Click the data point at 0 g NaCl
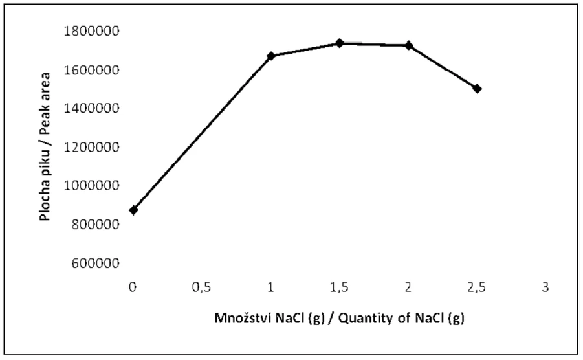[133, 210]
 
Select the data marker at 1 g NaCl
[271, 56]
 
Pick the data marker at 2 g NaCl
[408, 45]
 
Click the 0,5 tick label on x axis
[202, 287]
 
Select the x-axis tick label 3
[545, 287]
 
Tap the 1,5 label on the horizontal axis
[340, 287]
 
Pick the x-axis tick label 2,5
[477, 287]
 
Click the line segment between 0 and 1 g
[202, 133]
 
